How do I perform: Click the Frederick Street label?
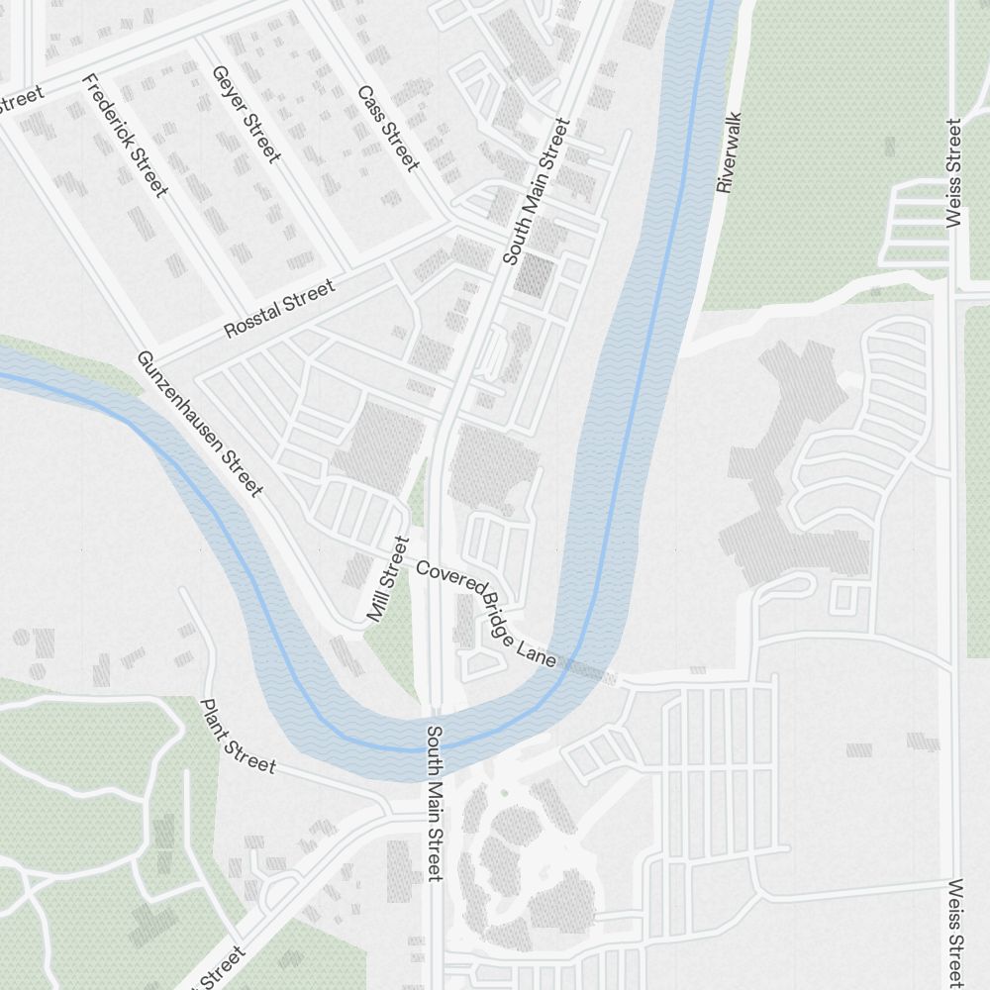point(124,136)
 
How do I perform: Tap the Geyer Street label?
point(247,113)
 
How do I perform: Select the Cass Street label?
point(388,128)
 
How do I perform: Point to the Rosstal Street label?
point(279,309)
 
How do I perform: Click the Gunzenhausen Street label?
point(199,424)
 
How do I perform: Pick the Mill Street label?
point(387,579)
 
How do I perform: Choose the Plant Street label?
point(238,737)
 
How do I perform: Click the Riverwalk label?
point(730,151)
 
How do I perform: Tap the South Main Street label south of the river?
point(434,802)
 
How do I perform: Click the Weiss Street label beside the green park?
point(953,173)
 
